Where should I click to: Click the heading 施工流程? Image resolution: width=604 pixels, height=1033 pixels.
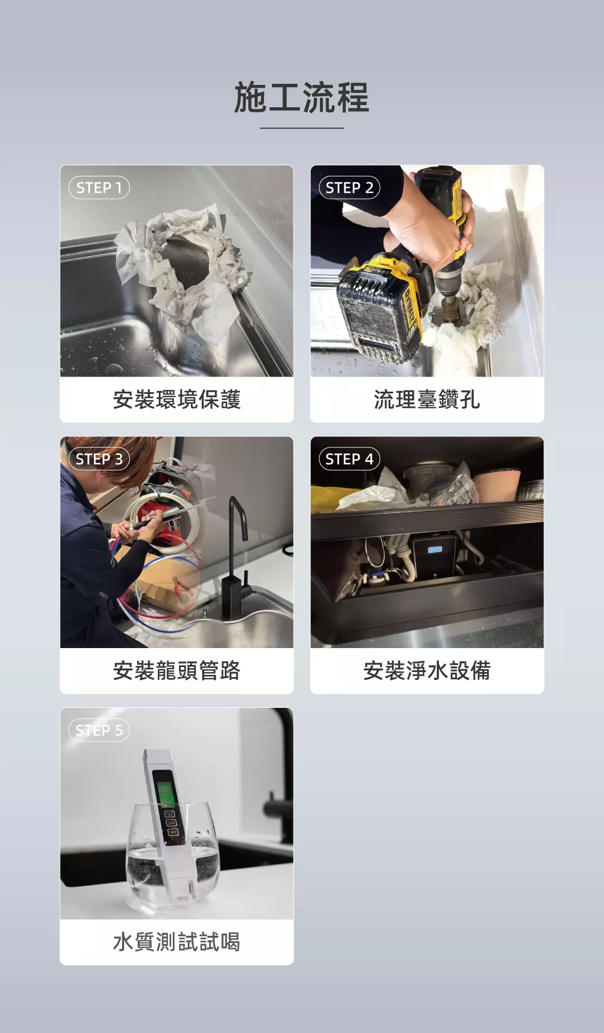301,97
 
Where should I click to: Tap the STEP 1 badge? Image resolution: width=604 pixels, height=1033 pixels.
99,188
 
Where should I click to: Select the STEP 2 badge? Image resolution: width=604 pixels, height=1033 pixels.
350,188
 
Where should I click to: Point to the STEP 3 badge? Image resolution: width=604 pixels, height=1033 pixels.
99,459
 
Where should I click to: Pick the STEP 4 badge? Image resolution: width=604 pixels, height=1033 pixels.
350,459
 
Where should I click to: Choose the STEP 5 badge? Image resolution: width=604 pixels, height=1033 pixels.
99,730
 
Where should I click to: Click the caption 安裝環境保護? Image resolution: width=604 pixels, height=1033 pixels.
177,399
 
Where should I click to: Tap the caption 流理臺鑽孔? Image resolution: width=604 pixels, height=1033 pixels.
427,399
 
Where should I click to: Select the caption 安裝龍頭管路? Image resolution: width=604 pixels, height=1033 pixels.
177,670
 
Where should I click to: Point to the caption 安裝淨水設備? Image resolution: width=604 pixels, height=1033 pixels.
427,670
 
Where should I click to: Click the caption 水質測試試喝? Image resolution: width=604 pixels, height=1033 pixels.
177,942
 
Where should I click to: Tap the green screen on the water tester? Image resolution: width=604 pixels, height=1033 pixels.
164,789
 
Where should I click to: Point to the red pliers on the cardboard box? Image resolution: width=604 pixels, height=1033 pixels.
182,586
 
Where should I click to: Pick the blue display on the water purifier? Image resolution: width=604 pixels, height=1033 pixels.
436,550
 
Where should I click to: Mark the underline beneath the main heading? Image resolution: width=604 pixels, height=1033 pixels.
301,128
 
